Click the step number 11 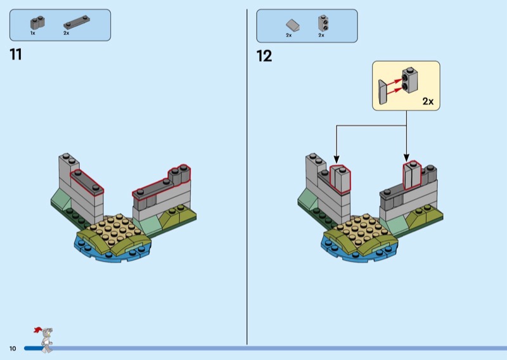pos(16,55)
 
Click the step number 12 pos(264,56)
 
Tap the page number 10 pos(12,349)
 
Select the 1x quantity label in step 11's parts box pos(33,33)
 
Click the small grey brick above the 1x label pos(37,23)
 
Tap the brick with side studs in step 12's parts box pos(323,23)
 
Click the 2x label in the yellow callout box pos(428,101)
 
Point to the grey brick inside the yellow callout pos(409,80)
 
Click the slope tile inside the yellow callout pos(382,92)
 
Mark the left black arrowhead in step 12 pos(336,158)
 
